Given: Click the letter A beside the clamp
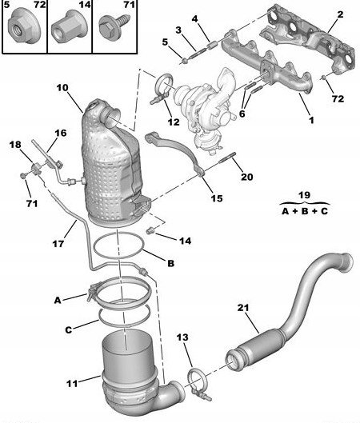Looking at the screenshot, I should coord(58,300).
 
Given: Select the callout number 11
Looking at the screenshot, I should coord(72,383).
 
